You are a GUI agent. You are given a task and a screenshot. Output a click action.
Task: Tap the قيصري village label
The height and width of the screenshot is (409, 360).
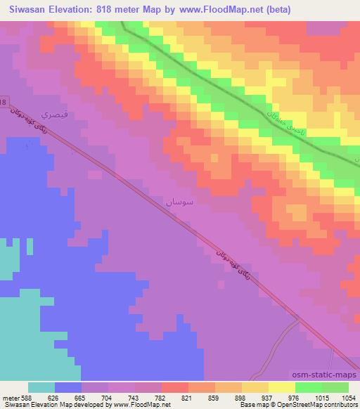(x=56, y=112)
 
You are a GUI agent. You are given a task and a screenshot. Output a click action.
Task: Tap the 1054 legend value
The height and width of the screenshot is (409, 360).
(x=347, y=397)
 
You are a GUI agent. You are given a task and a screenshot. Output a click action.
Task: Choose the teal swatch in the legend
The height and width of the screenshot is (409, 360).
(x=41, y=387)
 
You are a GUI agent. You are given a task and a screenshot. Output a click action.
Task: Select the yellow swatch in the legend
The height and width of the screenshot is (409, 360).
(x=281, y=387)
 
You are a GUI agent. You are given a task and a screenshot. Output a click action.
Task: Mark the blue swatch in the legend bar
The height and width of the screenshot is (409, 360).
(x=68, y=387)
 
